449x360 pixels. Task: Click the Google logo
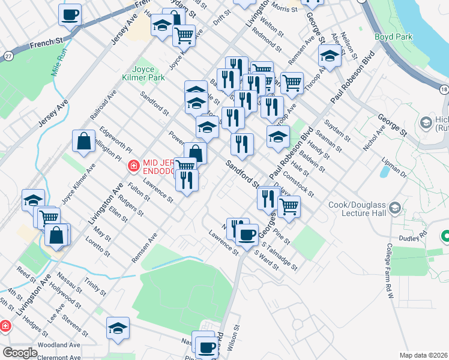point(20,352)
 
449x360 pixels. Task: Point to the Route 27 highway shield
point(8,56)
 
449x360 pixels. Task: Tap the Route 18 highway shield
point(443,89)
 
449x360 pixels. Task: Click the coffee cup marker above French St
point(70,14)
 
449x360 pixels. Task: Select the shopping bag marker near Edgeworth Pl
point(83,141)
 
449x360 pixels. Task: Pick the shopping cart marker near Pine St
point(289,206)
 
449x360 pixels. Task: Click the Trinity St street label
point(95,286)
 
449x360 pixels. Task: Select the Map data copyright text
point(424,355)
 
